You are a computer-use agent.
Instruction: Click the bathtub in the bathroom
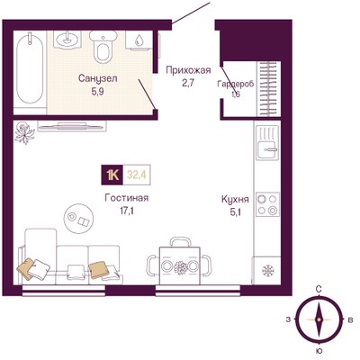tap(30, 69)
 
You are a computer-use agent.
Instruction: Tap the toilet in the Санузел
tap(103, 47)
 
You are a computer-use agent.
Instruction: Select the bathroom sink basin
tap(67, 40)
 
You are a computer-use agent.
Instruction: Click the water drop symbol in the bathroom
tap(139, 40)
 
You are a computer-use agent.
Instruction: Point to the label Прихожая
tap(188, 70)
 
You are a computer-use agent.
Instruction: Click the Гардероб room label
tap(236, 84)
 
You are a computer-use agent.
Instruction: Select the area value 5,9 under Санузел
tap(98, 92)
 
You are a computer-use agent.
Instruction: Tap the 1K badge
tap(112, 175)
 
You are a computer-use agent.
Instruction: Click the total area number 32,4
tap(137, 175)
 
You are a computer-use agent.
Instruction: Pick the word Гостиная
tap(127, 198)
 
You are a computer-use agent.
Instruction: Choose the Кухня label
tap(235, 199)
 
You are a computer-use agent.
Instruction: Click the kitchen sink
tap(267, 143)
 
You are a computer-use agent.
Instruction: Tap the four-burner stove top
tap(267, 204)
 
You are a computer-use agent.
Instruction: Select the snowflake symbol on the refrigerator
tap(267, 271)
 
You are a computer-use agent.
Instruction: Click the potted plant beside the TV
tap(25, 132)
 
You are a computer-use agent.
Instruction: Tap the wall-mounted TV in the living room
tap(72, 127)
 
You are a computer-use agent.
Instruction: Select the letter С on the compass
tap(319, 290)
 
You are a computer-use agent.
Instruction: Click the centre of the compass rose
tap(319, 319)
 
